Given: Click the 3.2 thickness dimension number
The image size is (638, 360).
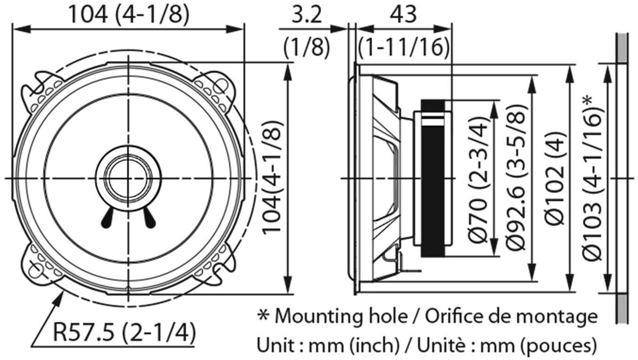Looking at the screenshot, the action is [306, 15].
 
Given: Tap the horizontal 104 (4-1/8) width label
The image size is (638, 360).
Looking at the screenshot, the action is [129, 15].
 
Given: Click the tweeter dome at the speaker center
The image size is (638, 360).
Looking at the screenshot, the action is [128, 178].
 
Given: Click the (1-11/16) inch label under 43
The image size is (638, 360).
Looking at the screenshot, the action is [403, 47].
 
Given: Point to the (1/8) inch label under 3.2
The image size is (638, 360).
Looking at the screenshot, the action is [306, 47].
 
